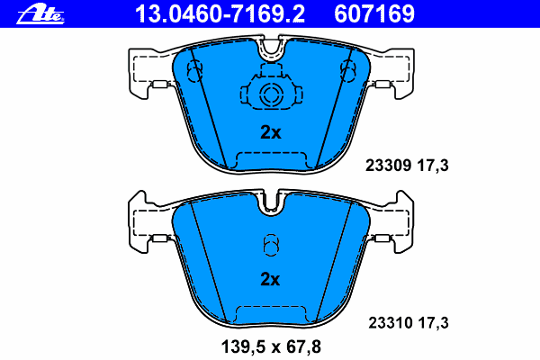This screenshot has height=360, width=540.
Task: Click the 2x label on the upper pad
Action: tap(270, 132)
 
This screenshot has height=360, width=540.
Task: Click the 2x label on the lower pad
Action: tap(270, 279)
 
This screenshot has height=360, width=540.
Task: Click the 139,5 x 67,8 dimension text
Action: tap(270, 345)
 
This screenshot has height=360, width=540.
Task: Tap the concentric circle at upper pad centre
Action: tap(270, 95)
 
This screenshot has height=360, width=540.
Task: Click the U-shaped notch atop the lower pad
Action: tap(270, 202)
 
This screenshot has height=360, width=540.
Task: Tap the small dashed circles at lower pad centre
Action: tap(270, 245)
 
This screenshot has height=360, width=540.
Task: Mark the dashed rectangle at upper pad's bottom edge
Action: tap(270, 160)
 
